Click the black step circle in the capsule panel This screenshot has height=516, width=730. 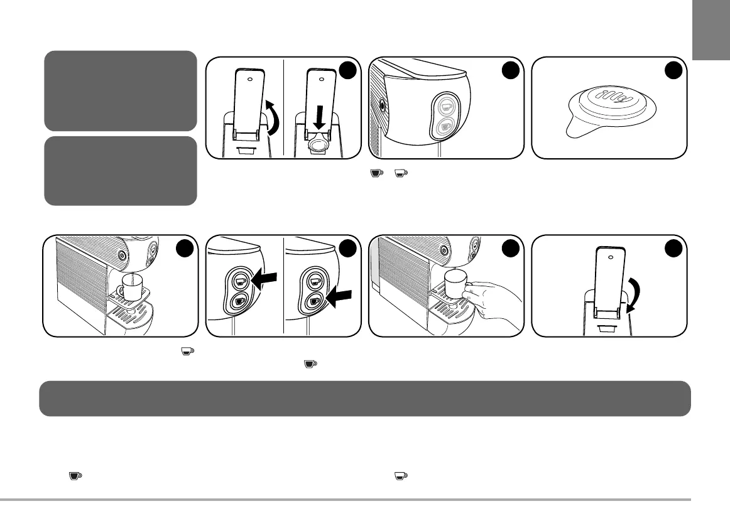click(673, 71)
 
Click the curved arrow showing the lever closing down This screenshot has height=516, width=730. click(631, 295)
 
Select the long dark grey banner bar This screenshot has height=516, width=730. click(364, 398)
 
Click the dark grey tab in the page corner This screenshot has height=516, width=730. click(711, 31)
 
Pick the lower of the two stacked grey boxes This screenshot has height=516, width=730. click(119, 170)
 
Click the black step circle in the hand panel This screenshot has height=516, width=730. click(509, 249)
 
